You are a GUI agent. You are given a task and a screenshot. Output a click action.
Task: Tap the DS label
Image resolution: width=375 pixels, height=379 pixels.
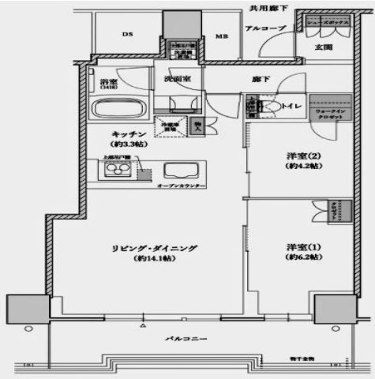click(x=126, y=34)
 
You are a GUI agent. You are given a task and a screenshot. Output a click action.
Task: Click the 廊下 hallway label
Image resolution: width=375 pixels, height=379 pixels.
click(x=261, y=80)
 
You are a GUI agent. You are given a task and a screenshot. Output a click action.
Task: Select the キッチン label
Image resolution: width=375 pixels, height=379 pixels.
click(x=126, y=133)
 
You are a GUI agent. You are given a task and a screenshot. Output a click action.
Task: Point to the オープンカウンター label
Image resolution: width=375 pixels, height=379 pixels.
click(x=182, y=186)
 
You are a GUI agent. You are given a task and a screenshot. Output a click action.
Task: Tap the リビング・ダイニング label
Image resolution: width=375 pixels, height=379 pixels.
click(x=153, y=248)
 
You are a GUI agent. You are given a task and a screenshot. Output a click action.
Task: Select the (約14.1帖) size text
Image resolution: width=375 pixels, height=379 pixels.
click(x=153, y=260)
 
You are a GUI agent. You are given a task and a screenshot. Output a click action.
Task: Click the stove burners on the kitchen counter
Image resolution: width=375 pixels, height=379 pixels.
click(x=110, y=171)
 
